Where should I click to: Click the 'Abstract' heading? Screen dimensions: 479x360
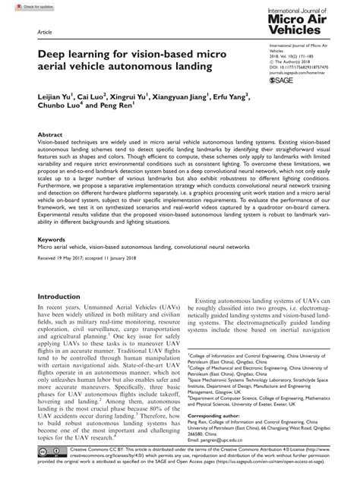[x=52, y=154]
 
